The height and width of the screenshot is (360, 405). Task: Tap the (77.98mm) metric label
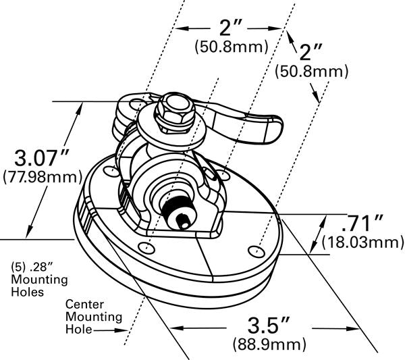click(40, 178)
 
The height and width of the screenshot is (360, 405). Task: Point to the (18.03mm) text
click(362, 241)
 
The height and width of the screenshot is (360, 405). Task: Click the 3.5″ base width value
click(265, 326)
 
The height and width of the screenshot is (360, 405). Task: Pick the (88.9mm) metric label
click(265, 344)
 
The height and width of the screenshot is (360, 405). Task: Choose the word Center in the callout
click(84, 305)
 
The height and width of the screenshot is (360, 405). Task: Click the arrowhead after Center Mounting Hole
click(124, 330)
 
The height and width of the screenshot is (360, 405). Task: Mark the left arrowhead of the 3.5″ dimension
click(173, 327)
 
